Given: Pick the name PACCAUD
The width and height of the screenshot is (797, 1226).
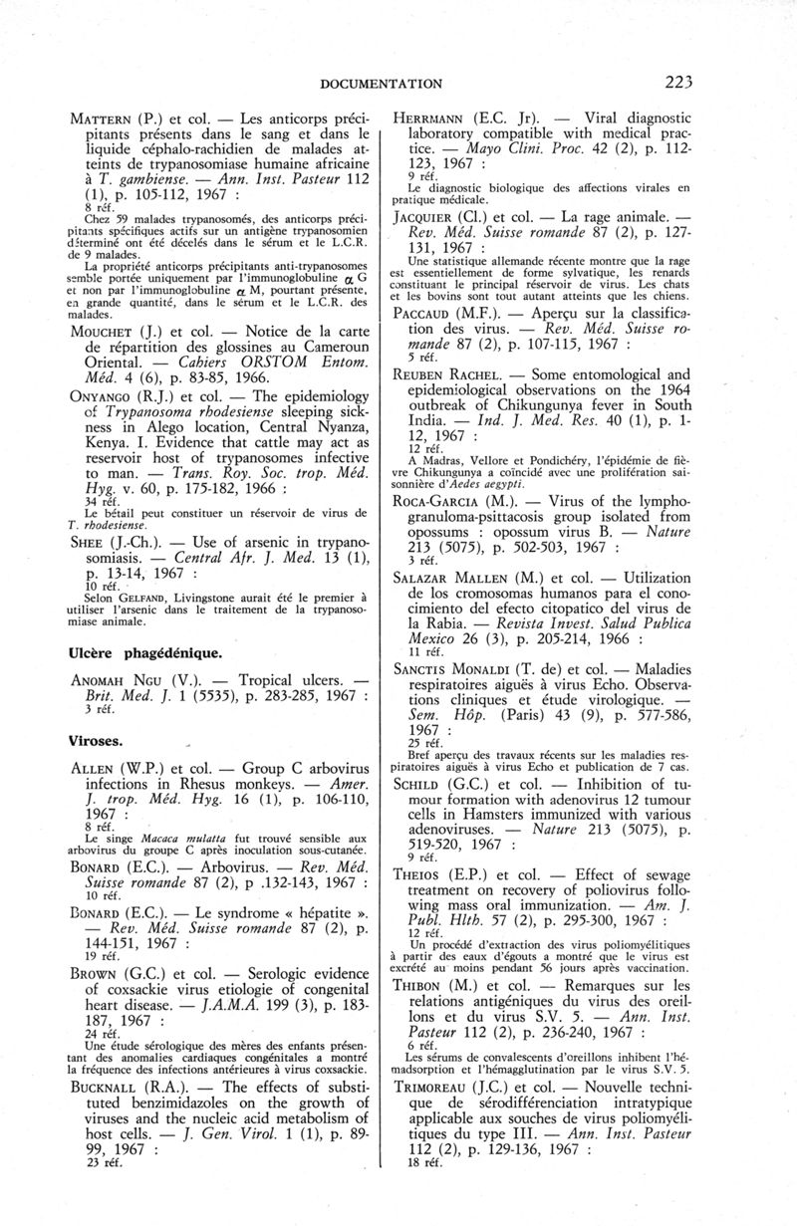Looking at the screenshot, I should (x=452, y=339).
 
